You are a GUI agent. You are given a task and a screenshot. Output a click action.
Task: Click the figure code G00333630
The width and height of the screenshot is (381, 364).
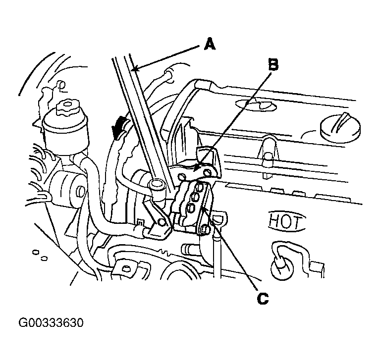click(51, 323)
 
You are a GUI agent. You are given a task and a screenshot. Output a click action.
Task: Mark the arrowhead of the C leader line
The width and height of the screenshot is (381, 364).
click(204, 208)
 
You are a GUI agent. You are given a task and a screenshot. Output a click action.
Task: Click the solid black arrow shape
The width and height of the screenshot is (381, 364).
click(119, 126)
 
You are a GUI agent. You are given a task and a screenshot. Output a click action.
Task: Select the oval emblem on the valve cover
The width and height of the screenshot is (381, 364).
click(256, 104)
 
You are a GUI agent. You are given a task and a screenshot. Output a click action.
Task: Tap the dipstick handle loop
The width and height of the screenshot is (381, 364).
click(218, 219)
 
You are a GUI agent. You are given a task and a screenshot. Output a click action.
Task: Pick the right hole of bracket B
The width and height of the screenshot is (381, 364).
click(207, 173)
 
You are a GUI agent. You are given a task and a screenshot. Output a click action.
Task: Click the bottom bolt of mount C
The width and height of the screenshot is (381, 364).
click(205, 229)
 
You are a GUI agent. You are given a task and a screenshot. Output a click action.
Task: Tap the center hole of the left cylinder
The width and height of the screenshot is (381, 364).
click(80, 192)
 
